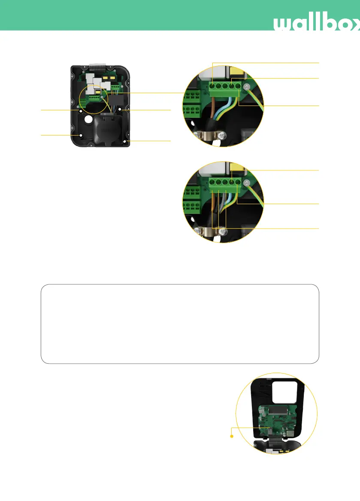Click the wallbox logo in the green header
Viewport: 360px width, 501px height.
click(x=317, y=24)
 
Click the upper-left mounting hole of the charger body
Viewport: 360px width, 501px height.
click(x=80, y=111)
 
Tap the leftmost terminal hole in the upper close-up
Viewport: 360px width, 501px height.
click(x=213, y=87)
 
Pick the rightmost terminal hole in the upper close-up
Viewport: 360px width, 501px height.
click(x=238, y=87)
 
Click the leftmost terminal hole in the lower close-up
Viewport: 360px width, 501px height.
click(x=213, y=182)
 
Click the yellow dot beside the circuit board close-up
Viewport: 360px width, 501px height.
click(x=232, y=437)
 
